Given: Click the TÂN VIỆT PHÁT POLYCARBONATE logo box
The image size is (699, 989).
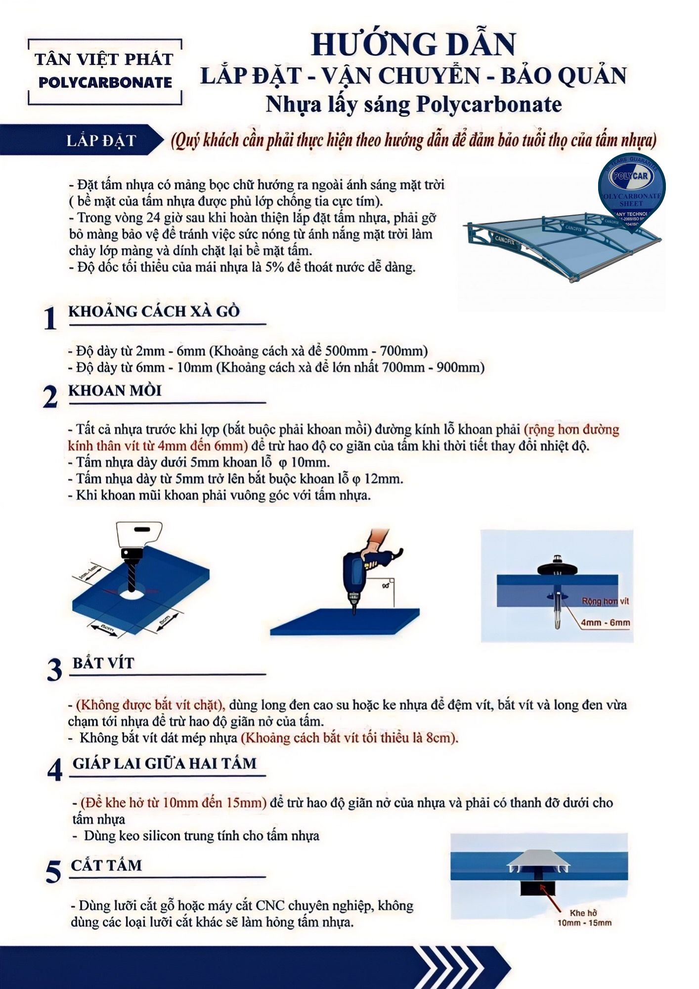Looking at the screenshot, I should [105, 71].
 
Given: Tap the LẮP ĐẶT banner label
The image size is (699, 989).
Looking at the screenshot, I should [101, 141].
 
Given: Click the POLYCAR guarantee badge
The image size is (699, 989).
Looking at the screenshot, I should [631, 190].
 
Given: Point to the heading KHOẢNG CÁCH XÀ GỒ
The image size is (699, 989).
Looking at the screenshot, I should [154, 312].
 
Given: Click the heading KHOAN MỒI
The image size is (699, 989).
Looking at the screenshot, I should [115, 391].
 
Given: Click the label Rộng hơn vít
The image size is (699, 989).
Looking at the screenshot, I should [605, 601].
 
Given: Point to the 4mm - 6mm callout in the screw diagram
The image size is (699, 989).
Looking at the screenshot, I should [605, 623].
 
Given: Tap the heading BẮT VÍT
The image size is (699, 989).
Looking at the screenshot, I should [103, 663].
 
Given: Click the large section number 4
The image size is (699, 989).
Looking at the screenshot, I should [55, 770].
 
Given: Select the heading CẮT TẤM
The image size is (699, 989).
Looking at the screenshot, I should [106, 865].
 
